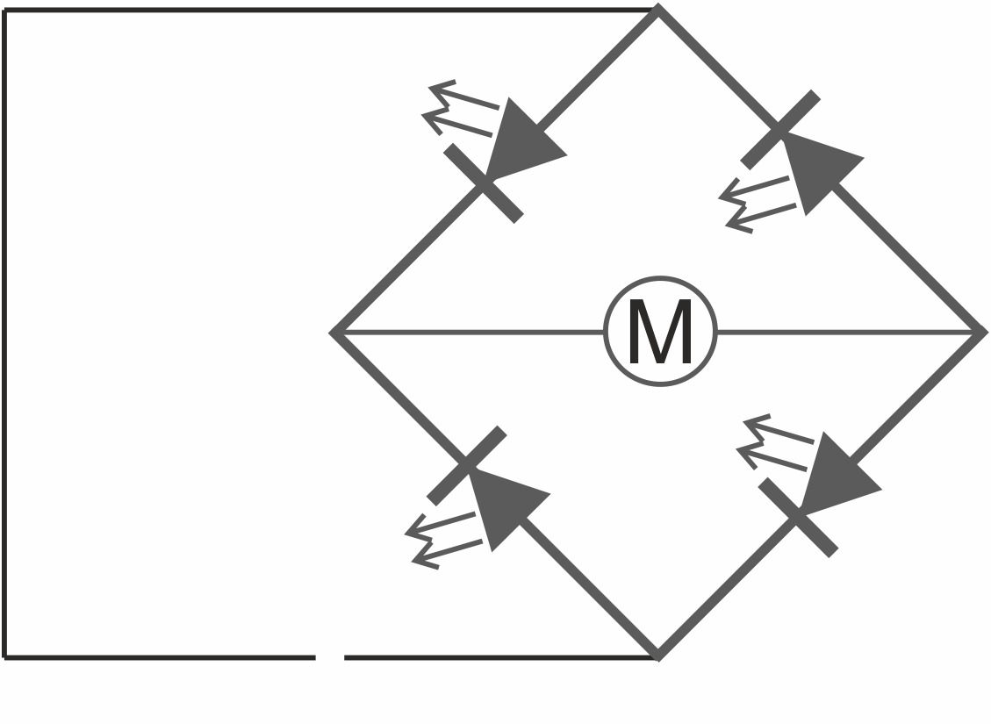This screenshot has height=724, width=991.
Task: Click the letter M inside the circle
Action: [660, 331]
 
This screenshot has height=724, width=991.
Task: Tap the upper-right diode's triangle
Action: [816, 168]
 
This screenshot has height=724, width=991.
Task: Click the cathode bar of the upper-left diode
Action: [484, 183]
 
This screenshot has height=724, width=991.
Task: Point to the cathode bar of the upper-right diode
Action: [780, 130]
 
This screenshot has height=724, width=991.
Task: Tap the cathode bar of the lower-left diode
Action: [466, 466]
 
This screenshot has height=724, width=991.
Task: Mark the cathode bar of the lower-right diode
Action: [798, 518]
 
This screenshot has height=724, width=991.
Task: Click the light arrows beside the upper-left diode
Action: [459, 108]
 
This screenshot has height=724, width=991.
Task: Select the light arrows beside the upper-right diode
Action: [756, 204]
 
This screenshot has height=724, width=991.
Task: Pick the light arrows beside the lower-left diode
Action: [442, 541]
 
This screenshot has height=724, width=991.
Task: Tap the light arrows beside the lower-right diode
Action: [774, 442]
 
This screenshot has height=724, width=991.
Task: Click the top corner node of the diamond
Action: [658, 9]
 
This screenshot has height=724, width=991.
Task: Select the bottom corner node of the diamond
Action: [658, 656]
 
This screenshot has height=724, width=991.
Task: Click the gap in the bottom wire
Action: [330, 657]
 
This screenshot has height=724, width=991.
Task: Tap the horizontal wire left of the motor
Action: [469, 332]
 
